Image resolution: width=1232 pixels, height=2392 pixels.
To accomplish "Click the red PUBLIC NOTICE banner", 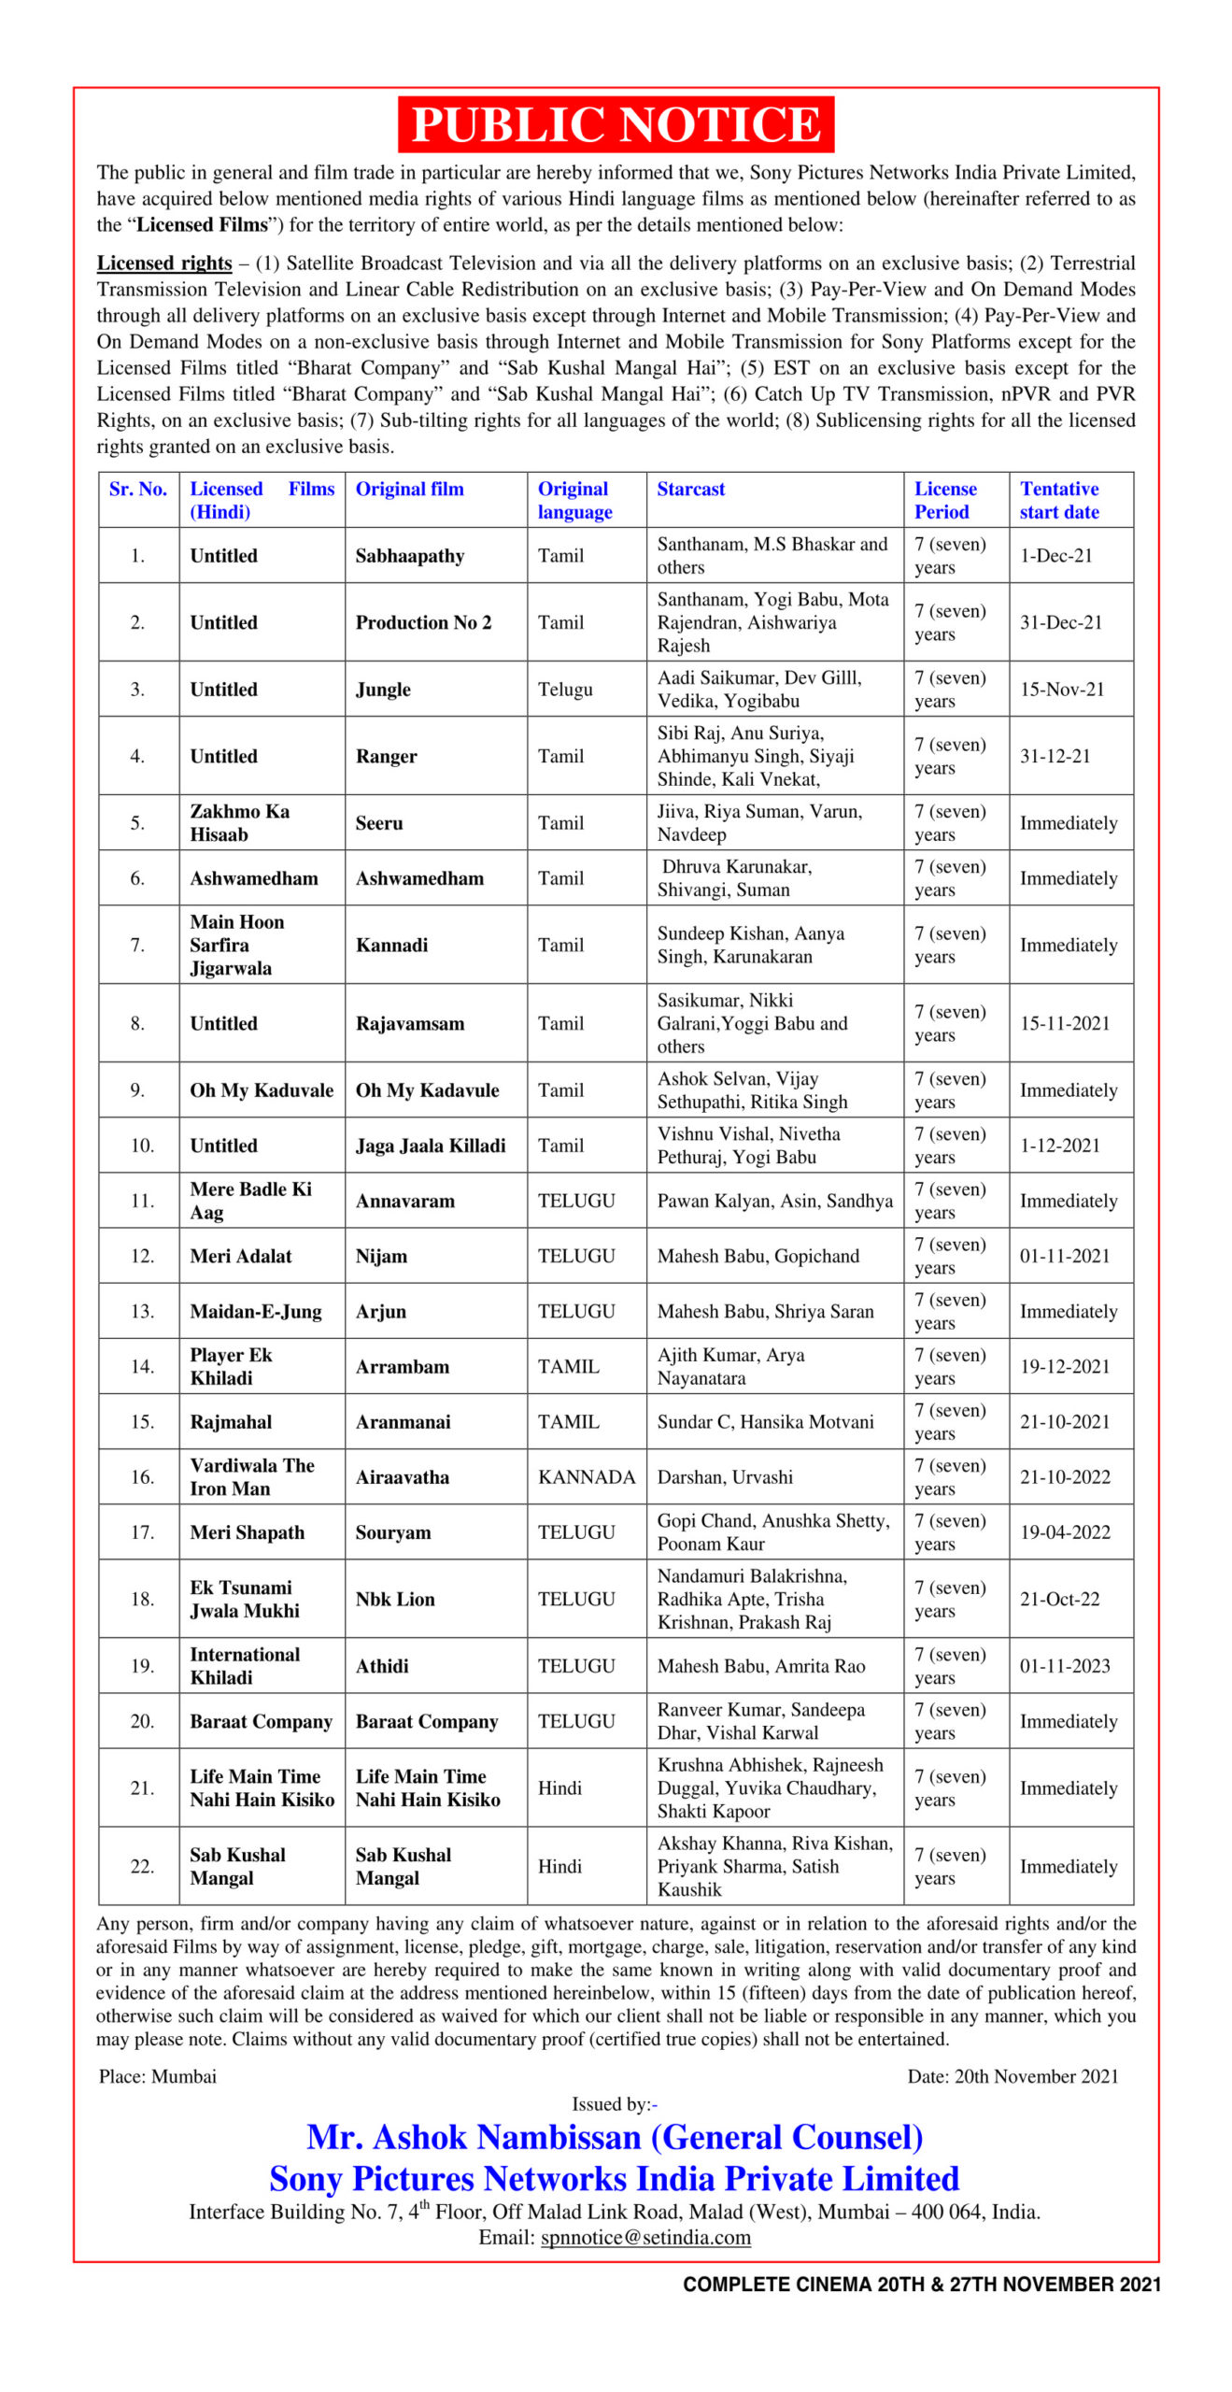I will tap(615, 124).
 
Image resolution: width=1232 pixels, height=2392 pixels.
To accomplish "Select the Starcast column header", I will tap(690, 489).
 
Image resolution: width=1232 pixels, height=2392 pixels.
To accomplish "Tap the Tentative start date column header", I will tap(1059, 500).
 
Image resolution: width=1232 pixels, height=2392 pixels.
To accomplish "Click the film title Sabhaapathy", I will tap(409, 556).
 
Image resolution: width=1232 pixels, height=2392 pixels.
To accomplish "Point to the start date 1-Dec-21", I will tap(1055, 556).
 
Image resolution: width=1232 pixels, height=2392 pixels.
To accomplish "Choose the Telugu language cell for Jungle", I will tap(565, 690).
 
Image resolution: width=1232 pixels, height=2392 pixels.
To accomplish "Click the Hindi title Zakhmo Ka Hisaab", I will tap(239, 822).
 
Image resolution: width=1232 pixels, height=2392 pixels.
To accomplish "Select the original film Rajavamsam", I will tap(409, 1023).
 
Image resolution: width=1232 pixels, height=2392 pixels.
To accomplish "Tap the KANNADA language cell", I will tap(586, 1477).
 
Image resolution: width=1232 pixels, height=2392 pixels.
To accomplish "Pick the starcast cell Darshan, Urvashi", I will tap(725, 1477).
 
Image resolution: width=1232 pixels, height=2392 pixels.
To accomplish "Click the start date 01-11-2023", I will tap(1065, 1666).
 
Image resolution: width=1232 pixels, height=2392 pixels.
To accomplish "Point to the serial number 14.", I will tap(142, 1366).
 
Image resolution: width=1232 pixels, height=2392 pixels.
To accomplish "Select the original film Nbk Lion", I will tap(395, 1599).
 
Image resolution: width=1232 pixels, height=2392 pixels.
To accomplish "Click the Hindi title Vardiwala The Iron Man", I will tap(251, 1477).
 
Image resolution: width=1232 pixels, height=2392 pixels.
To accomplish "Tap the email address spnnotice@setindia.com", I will tap(645, 2237).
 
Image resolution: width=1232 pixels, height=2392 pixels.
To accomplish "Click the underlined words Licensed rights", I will tap(164, 263).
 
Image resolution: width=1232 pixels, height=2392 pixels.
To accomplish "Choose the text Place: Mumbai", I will tap(158, 2076).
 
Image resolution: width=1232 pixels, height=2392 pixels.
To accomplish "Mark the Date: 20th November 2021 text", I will tap(1013, 2076).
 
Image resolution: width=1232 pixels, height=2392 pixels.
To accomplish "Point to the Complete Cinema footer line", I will tap(922, 2285).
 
